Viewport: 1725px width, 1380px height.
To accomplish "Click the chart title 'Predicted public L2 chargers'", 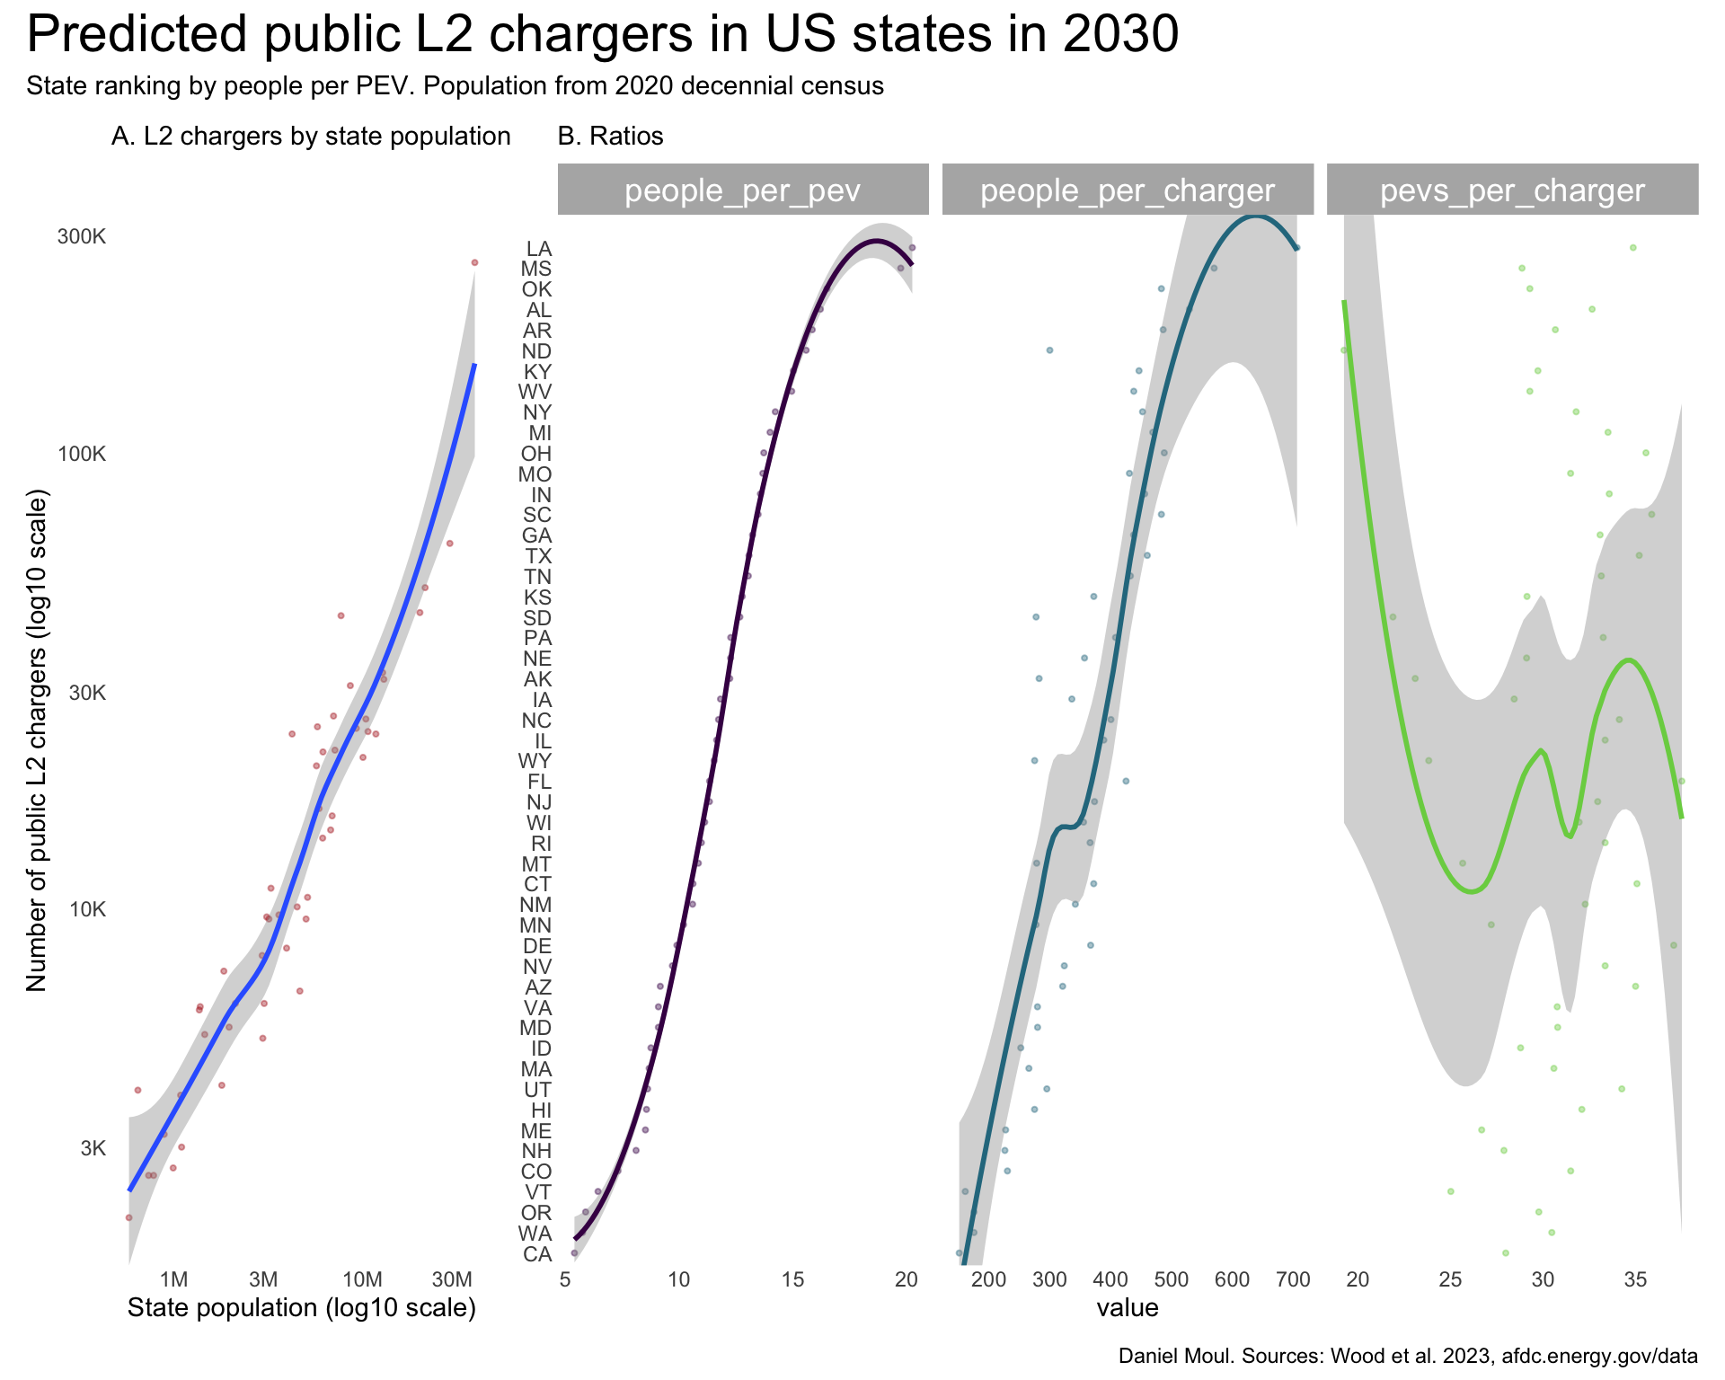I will tap(602, 36).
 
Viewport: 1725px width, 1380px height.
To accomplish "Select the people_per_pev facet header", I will tap(742, 190).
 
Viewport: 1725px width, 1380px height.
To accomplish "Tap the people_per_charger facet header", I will tap(1127, 190).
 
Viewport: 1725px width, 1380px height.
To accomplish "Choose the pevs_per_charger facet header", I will tap(1512, 190).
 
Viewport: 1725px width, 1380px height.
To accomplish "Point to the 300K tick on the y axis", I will tap(82, 237).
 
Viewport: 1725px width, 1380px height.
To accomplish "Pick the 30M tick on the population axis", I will tap(452, 1279).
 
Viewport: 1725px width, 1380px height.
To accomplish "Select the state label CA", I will tap(537, 1254).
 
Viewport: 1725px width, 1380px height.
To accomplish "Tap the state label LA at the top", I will tap(539, 249).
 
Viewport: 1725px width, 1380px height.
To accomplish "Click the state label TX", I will tap(538, 556).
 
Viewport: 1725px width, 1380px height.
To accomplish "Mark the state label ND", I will tap(537, 351).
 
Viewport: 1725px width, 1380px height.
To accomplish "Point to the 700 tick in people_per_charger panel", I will tap(1293, 1279).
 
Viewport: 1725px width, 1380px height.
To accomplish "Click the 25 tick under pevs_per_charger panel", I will tap(1451, 1279).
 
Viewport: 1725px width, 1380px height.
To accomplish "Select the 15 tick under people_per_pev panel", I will tap(792, 1279).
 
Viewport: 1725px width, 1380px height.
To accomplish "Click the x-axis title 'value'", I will tap(1127, 1308).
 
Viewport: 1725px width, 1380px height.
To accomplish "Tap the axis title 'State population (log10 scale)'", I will tap(302, 1308).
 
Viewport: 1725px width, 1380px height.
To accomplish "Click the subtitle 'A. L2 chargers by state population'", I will tap(311, 137).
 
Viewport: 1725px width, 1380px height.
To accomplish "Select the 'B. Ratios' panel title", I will tap(610, 137).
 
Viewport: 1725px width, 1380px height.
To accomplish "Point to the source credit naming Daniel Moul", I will tap(1408, 1357).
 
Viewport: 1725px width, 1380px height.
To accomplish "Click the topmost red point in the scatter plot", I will tap(474, 262).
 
